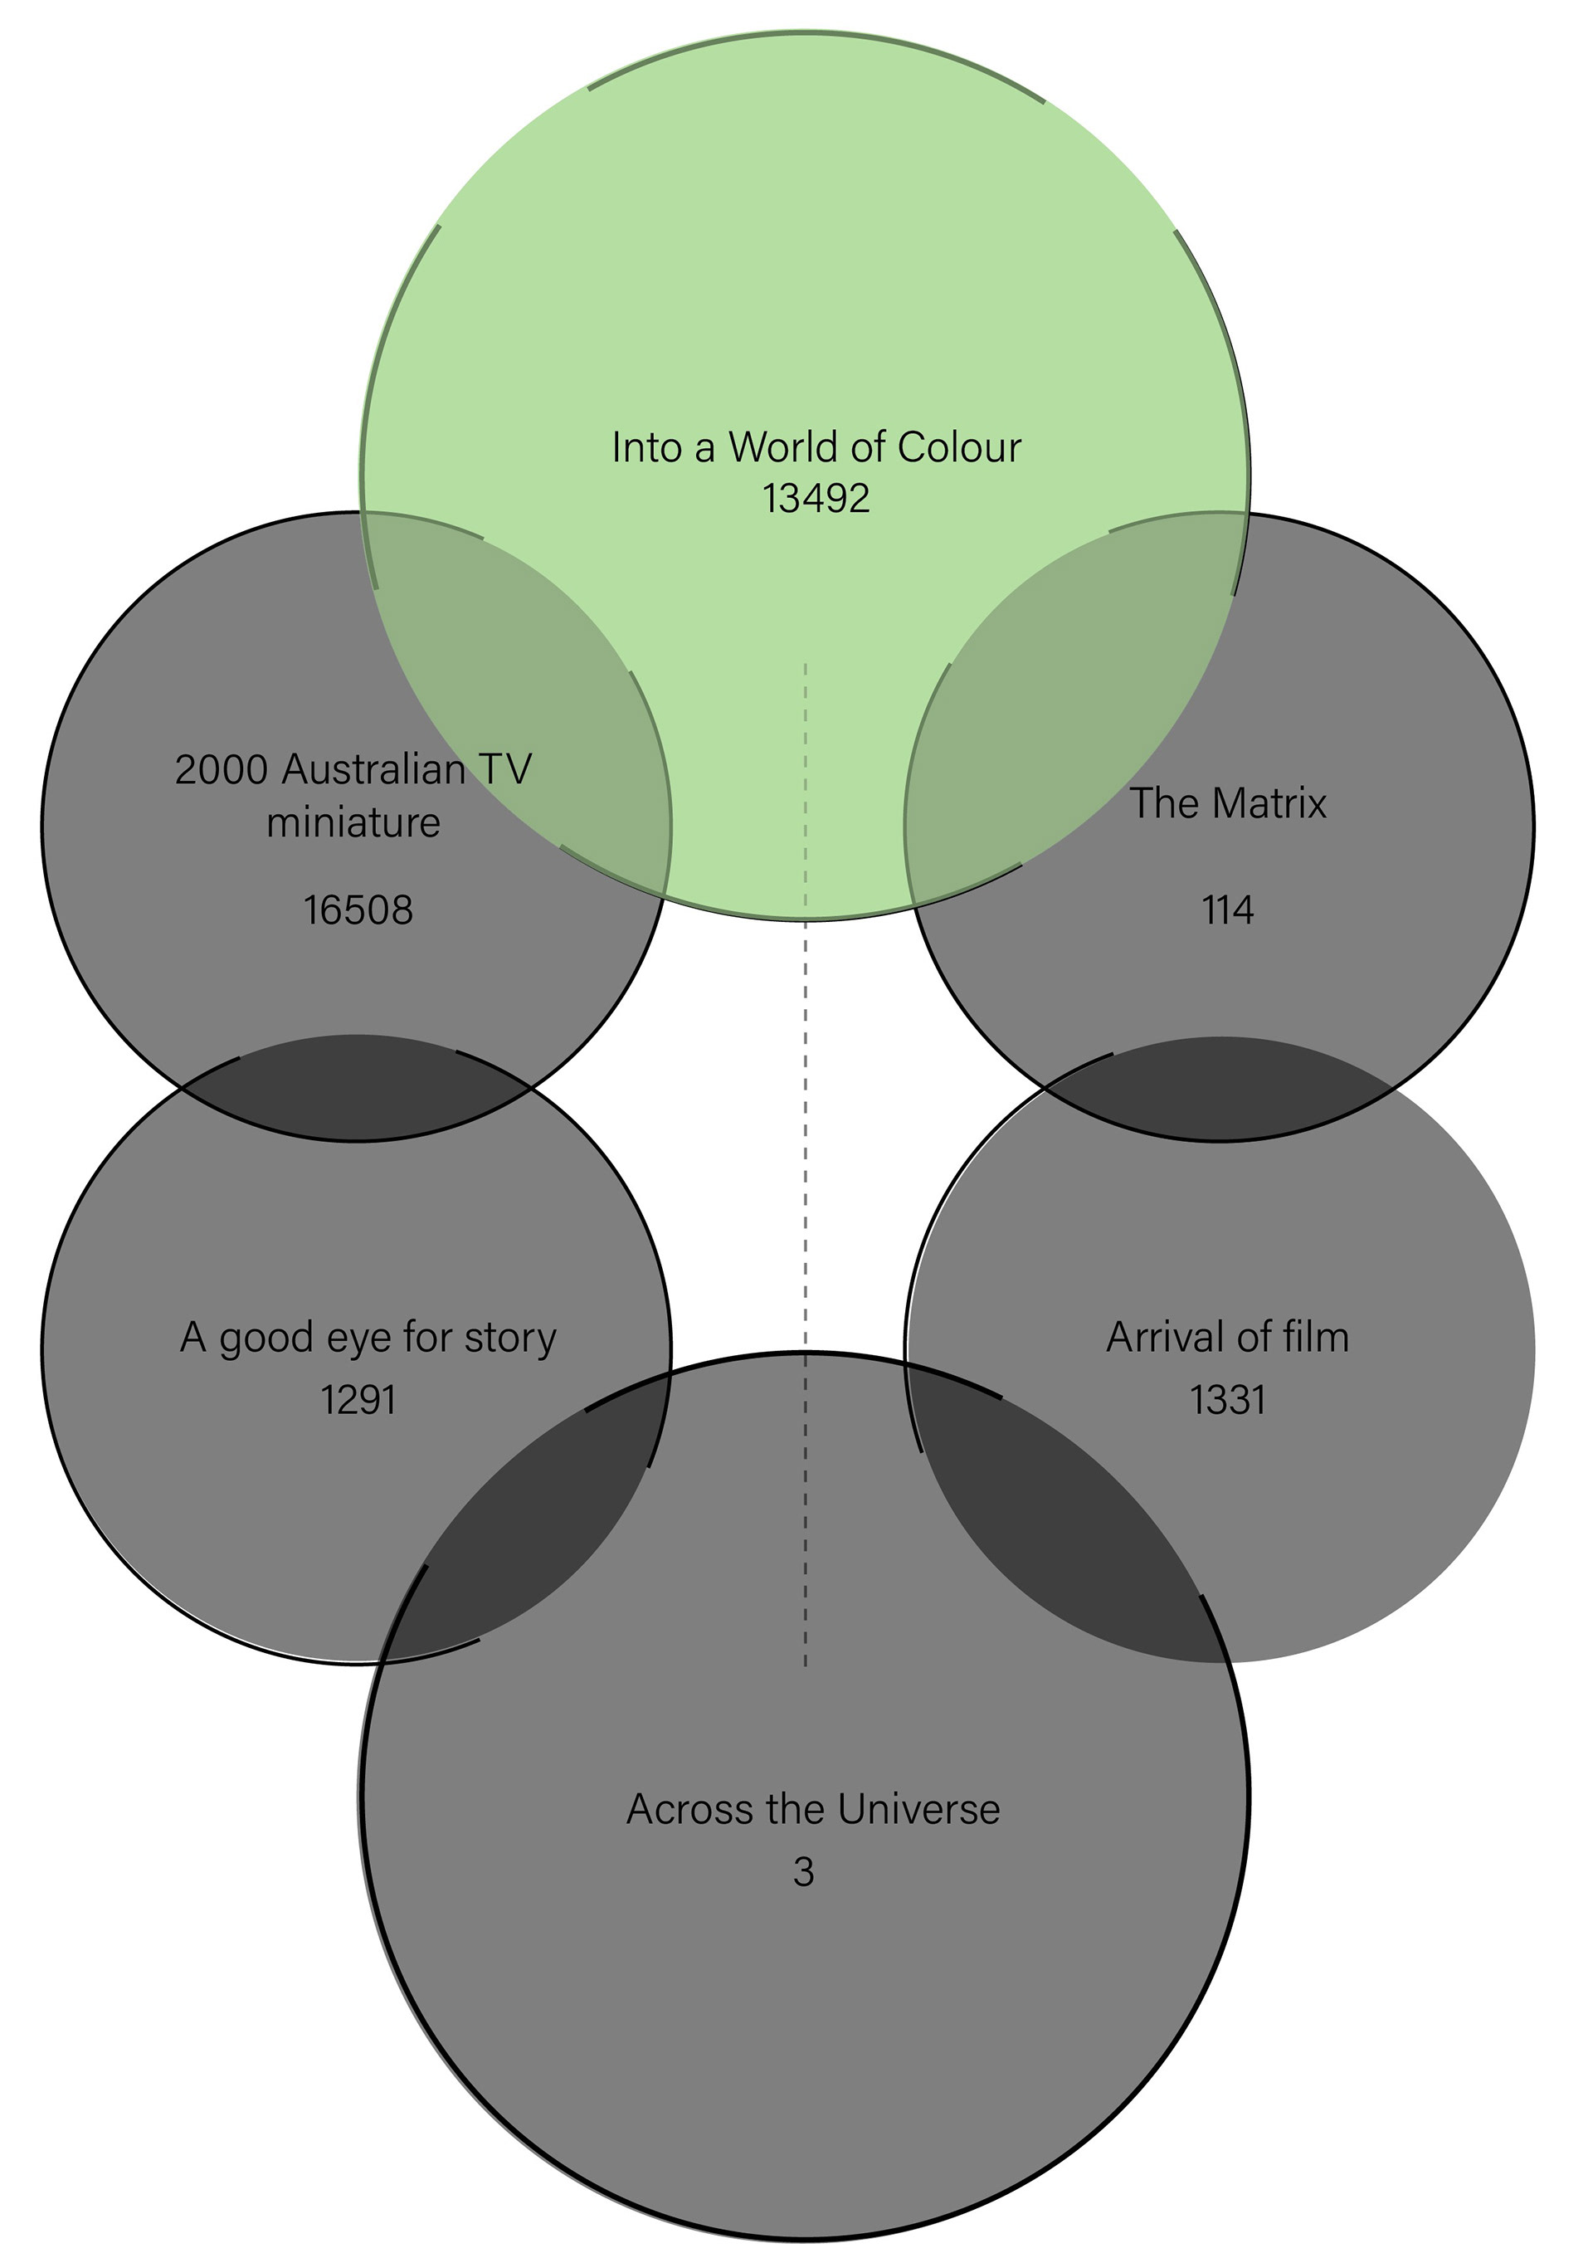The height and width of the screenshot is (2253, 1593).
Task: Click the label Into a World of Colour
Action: pos(816,447)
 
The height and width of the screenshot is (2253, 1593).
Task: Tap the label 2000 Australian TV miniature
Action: pos(353,796)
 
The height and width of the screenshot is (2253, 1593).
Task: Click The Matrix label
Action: pos(1228,802)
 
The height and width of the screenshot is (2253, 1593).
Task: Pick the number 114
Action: pos(1228,910)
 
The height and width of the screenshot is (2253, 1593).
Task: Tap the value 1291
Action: pos(358,1399)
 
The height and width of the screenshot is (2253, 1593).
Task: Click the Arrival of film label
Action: pos(1228,1338)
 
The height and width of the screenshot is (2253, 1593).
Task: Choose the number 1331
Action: pos(1228,1399)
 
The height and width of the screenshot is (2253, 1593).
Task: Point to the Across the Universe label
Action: pos(813,1808)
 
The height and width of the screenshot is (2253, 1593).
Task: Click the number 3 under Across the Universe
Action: pos(803,1872)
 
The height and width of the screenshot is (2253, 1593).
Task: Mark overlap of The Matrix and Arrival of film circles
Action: pos(1220,1090)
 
